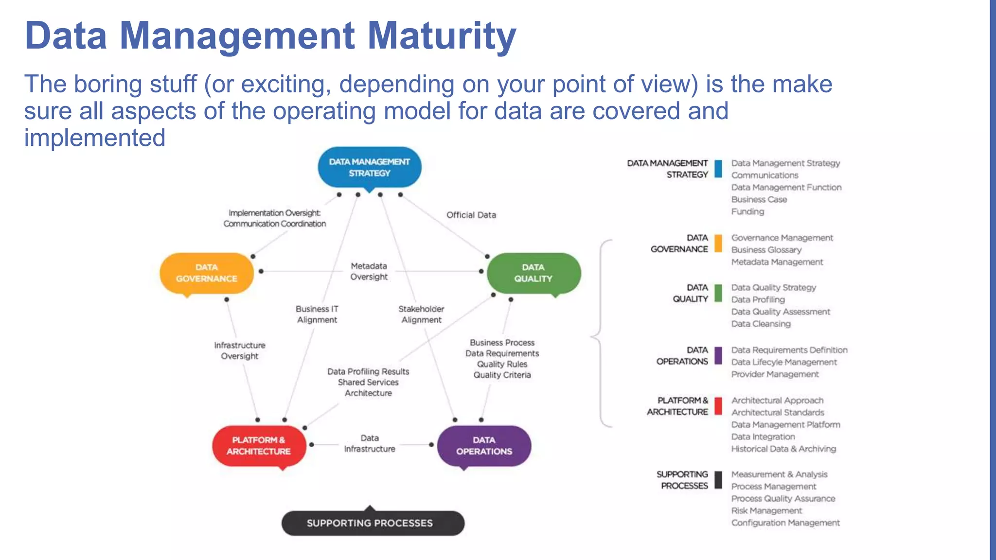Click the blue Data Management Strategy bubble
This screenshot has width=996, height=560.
coord(369,167)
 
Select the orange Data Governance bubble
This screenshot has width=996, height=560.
coord(207,273)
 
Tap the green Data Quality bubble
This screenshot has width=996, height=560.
coord(534,273)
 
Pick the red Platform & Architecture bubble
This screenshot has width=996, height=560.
coord(259,445)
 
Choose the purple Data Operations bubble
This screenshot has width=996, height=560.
coord(484,445)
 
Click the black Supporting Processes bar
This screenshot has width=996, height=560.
coord(373,523)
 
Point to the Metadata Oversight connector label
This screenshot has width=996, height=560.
coord(369,271)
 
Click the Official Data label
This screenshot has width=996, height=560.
coord(471,215)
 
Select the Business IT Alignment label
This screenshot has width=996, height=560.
coord(317,314)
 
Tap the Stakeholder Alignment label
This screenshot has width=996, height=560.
coord(421,314)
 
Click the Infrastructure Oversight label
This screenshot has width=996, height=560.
coord(240,350)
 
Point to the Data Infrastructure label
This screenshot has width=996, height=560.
coord(370,443)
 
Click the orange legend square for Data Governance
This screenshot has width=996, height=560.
coord(718,243)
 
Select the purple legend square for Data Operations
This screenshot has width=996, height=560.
coord(718,355)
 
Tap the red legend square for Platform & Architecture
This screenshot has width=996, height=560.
coord(718,406)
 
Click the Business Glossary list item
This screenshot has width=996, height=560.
coord(766,250)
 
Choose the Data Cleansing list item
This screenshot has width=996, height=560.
coord(761,324)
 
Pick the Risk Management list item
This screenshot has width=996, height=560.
coord(766,510)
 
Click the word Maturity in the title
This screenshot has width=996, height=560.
coord(441,36)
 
